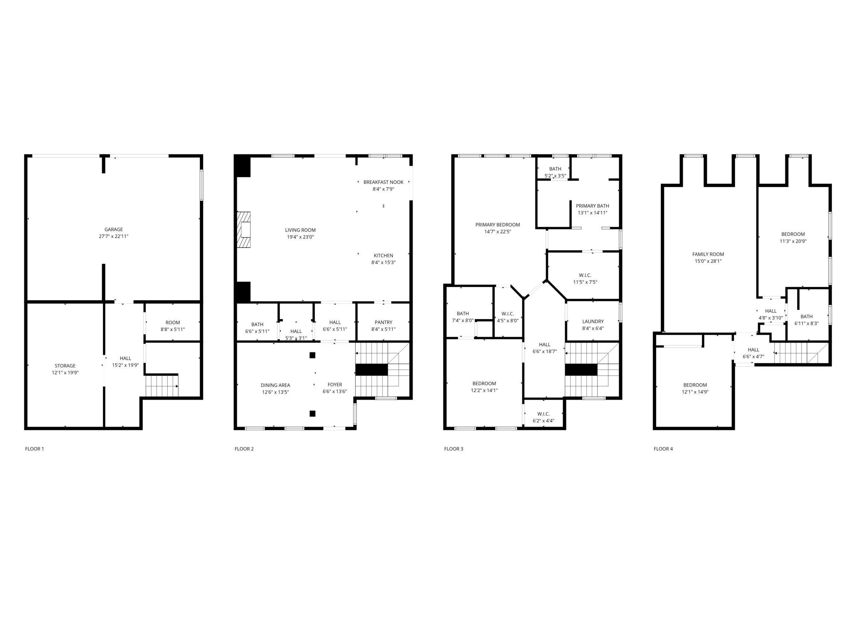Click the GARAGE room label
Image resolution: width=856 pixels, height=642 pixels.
coord(113,229)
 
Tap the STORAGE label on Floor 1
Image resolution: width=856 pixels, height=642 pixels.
coord(65,366)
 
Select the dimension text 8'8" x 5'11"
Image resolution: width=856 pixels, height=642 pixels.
coord(173,330)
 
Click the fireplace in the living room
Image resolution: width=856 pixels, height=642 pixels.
coord(244,229)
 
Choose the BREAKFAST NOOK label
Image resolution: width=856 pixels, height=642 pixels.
coord(384,182)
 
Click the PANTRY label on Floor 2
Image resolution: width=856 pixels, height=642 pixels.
coord(384,322)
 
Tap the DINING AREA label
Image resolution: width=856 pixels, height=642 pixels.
coord(275,385)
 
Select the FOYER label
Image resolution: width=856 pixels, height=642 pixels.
coord(335,385)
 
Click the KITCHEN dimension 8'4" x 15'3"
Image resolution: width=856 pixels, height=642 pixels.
coord(384,262)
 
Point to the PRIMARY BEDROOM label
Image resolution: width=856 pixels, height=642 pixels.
coord(498,225)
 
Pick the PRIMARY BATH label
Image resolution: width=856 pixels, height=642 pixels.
coord(593,206)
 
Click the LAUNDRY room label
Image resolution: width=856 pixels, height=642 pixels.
coord(593,322)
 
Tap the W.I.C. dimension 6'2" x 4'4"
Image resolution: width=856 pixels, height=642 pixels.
coord(543,421)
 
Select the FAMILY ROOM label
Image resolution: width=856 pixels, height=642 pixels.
coord(708,254)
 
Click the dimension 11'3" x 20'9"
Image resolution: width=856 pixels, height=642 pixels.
coord(793,241)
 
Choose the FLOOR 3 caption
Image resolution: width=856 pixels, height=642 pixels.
coord(453,449)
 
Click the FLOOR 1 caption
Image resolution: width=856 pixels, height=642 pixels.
coord(34,449)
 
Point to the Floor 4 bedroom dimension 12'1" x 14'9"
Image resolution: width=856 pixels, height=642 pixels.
coord(695,392)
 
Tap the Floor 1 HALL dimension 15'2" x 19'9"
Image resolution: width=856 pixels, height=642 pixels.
coord(125,365)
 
